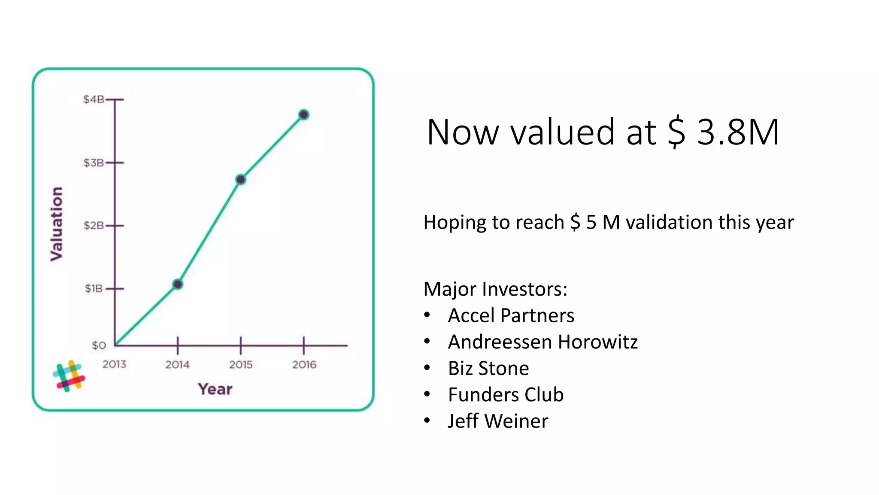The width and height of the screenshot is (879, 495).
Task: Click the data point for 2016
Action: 304,115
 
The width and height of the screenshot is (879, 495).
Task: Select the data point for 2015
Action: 241,179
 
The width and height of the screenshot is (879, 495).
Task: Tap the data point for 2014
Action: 178,284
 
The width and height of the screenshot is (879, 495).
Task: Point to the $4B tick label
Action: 94,100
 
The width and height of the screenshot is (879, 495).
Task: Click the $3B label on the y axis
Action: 94,163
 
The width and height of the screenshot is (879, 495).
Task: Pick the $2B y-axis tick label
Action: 94,226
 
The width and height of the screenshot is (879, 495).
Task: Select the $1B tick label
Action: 94,288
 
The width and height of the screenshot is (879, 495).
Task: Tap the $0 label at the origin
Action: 99,345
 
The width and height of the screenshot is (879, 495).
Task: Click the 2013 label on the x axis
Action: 114,364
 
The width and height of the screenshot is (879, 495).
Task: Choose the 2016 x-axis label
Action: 304,365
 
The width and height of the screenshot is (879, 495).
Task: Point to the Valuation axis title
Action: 57,224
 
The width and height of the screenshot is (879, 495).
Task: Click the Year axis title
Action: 215,389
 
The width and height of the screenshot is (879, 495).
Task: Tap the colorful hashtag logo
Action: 69,376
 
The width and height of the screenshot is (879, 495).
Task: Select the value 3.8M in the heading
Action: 738,132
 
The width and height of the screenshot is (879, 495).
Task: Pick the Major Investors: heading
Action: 495,289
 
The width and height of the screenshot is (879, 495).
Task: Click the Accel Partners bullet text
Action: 511,316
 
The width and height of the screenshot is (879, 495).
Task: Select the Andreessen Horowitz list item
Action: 543,342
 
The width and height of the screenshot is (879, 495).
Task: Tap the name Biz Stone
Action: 488,369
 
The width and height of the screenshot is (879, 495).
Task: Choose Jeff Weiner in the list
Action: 498,421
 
